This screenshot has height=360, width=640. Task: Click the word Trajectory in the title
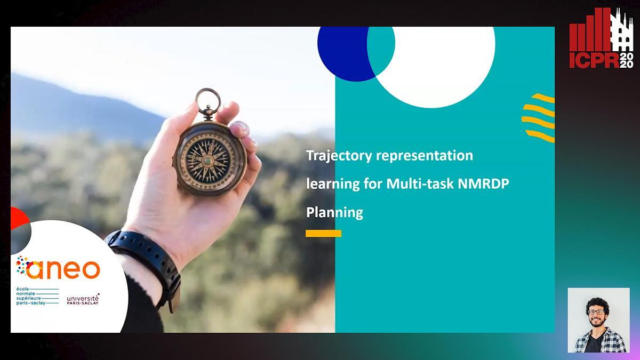click(339, 156)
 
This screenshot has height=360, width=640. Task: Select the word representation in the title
click(425, 156)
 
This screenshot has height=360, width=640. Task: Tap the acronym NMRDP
click(483, 183)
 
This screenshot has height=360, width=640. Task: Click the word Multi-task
click(420, 183)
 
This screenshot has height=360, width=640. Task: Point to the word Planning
click(334, 213)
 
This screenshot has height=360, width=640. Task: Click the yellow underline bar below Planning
click(323, 234)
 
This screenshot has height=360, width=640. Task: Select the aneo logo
click(58, 267)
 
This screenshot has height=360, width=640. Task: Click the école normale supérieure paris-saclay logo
click(37, 297)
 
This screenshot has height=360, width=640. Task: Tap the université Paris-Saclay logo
click(83, 299)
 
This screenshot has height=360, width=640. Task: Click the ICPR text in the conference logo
click(594, 60)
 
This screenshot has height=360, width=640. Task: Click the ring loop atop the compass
click(208, 101)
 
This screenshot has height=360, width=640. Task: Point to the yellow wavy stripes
click(539, 118)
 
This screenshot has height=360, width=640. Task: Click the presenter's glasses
click(596, 312)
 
